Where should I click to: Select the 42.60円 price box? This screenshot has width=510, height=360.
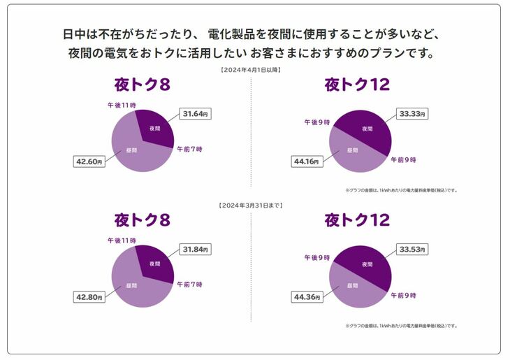tap(89, 161)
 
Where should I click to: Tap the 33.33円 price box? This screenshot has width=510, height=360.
tap(411, 113)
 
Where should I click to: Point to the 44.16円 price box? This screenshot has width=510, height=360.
tap(305, 161)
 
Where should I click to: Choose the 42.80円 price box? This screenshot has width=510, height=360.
tap(89, 297)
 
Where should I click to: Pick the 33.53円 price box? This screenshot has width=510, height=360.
tap(411, 249)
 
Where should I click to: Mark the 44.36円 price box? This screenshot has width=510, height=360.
tap(305, 297)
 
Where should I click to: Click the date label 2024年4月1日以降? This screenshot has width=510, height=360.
tap(251, 71)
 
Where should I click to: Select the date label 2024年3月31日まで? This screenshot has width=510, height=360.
tap(251, 206)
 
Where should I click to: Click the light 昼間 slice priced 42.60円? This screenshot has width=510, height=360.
tap(133, 150)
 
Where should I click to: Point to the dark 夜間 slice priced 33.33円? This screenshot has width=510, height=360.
tap(367, 129)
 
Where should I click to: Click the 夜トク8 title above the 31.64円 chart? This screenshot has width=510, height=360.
tap(143, 85)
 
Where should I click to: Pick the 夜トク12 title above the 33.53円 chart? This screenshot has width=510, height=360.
tap(357, 221)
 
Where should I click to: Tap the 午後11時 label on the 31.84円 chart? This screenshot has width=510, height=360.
tap(121, 240)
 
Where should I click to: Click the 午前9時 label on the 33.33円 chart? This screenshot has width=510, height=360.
tap(403, 160)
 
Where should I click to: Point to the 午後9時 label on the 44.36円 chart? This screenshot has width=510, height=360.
tap(316, 257)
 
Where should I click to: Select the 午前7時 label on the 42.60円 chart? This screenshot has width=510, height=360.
tap(189, 149)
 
